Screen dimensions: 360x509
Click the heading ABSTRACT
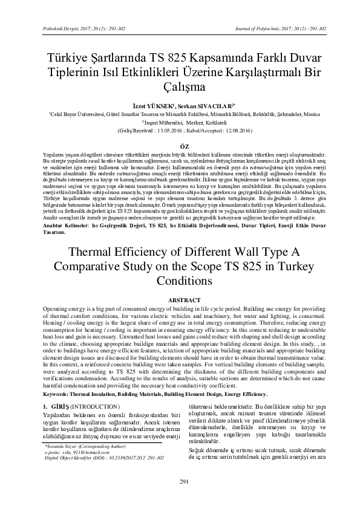coord(180,300)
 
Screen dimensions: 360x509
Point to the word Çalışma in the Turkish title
coord(180,87)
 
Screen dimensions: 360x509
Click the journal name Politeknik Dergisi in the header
coord(57,28)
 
